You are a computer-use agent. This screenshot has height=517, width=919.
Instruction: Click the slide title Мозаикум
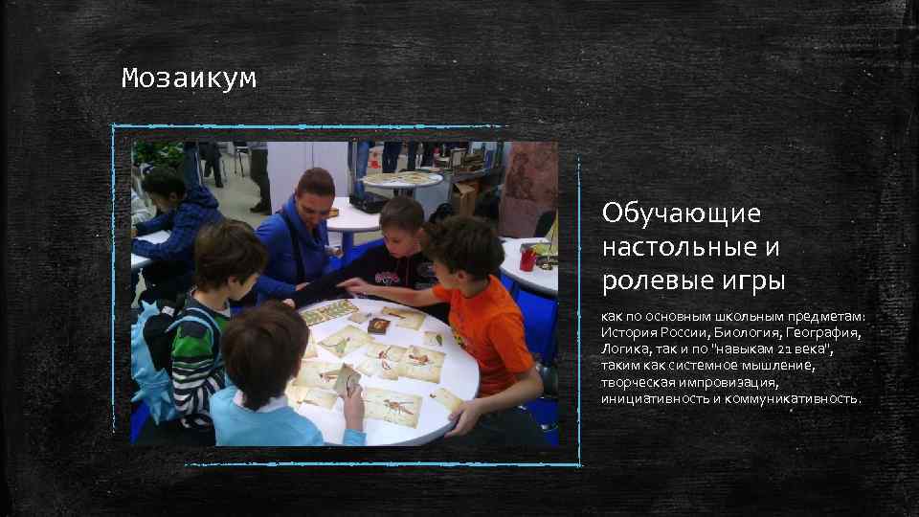click(189, 79)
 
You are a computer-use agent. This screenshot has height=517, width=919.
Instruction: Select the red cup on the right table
click(527, 258)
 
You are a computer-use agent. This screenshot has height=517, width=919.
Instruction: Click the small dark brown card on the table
click(379, 326)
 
